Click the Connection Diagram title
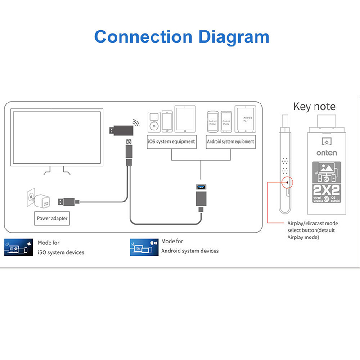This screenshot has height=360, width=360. (182, 36)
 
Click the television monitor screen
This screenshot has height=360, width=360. (56, 137)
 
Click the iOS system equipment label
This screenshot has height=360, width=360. (171, 141)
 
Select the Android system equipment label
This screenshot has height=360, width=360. (230, 141)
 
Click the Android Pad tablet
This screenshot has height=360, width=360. (244, 119)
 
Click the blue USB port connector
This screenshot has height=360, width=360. (200, 187)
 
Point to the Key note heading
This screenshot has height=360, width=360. (314, 107)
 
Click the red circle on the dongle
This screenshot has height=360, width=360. (287, 182)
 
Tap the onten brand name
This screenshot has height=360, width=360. (326, 153)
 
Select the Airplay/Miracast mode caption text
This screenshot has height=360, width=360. (313, 230)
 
